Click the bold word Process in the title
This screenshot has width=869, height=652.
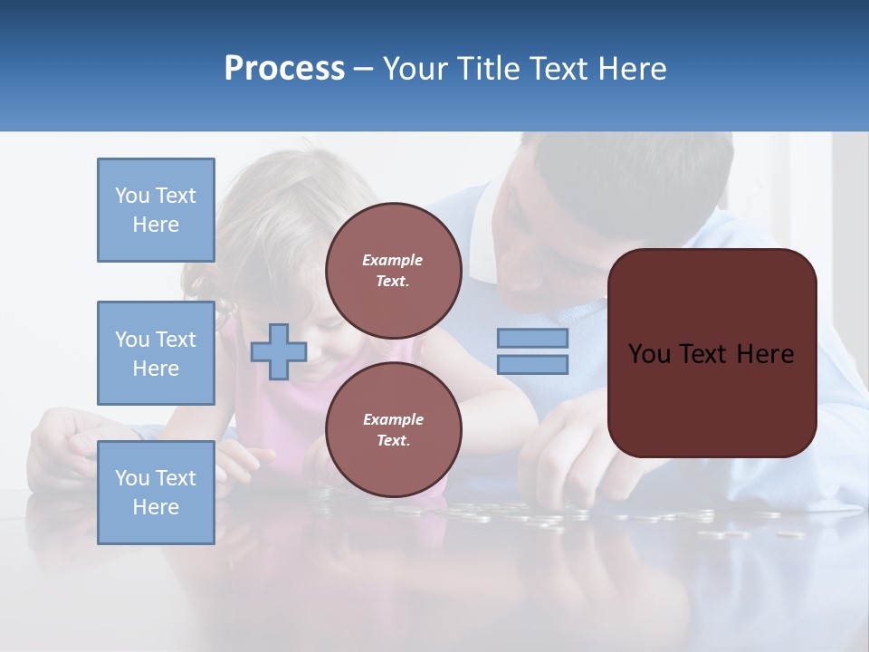284,69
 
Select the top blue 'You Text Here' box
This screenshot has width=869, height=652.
156,210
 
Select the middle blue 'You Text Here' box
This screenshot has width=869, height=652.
156,353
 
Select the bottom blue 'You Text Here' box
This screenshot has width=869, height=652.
156,493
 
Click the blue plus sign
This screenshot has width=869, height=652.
279,350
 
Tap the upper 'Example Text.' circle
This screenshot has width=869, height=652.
393,271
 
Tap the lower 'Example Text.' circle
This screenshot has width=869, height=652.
393,430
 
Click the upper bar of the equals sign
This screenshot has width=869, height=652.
532,339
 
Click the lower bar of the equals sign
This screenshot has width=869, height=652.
532,365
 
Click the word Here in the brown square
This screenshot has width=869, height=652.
765,354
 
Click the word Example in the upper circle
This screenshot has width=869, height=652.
392,260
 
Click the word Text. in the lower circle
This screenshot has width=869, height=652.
392,441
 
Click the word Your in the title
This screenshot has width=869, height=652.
413,69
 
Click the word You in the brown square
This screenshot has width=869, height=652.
649,354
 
